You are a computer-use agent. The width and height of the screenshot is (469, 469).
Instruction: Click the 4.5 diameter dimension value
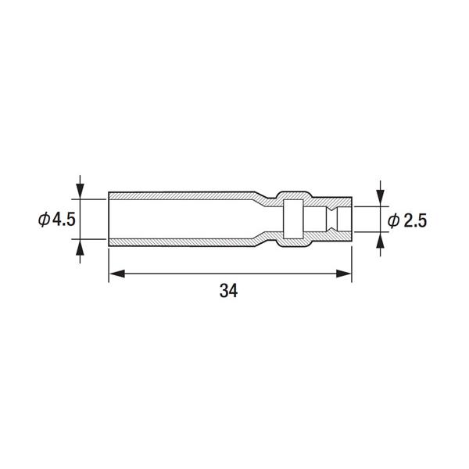pos(64,220)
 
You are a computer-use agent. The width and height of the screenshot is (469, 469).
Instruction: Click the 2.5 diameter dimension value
pos(415,221)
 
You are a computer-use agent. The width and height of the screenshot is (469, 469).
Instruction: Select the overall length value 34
pos(229,291)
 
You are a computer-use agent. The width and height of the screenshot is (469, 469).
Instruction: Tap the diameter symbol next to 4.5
pos(45,220)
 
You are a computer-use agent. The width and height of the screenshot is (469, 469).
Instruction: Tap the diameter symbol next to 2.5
pos(394,221)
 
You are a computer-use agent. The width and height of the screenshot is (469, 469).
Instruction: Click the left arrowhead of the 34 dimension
pos(117,274)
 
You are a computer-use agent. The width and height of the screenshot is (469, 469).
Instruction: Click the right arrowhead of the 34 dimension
pos(343,274)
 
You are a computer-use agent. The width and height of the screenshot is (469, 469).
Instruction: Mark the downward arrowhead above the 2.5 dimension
pos(380,199)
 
